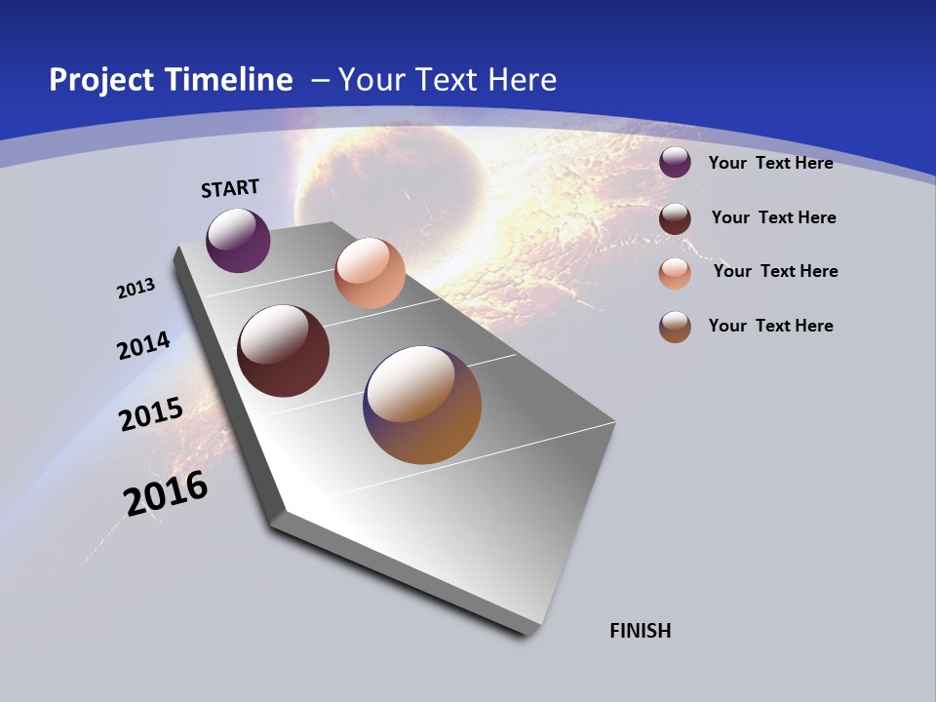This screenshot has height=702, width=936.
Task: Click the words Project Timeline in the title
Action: (x=171, y=80)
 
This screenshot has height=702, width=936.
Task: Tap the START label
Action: (x=230, y=188)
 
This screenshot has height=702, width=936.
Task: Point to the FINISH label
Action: (x=641, y=631)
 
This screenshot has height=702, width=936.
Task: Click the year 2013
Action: (x=136, y=289)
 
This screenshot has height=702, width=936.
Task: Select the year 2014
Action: (x=143, y=345)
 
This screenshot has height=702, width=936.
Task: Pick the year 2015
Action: (x=150, y=414)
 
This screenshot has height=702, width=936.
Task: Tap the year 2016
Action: (x=166, y=493)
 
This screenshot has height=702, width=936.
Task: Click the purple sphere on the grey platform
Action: (x=238, y=240)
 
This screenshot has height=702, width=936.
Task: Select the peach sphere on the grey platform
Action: (x=370, y=273)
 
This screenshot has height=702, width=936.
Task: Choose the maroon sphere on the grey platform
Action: (x=283, y=351)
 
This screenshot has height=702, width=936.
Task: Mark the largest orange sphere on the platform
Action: (x=422, y=405)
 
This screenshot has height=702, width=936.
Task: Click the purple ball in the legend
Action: (x=675, y=162)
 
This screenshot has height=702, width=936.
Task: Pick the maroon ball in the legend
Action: (x=675, y=218)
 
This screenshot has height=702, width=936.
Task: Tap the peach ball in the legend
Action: (x=675, y=273)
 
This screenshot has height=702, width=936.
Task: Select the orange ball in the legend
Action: (x=675, y=327)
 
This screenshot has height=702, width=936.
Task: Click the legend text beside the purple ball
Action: (x=770, y=163)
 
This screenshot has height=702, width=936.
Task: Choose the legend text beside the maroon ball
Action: (x=773, y=217)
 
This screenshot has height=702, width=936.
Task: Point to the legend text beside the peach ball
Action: (x=775, y=271)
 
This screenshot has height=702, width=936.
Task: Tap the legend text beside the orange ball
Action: (x=770, y=326)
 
